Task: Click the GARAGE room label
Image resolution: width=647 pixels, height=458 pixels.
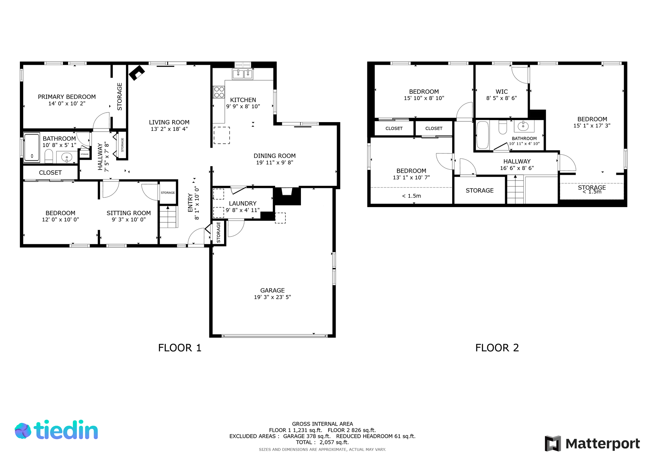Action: point(272,290)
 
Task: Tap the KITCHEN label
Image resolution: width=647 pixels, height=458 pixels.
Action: point(243,100)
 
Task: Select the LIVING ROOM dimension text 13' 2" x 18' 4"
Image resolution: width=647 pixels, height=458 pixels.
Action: point(169,129)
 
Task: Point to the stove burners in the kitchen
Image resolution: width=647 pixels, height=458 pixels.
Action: point(219,92)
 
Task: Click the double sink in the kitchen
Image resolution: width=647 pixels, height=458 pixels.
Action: point(243,74)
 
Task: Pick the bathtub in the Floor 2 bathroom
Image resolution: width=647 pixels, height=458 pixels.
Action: point(483,135)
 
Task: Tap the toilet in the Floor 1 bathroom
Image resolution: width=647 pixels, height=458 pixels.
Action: point(49,156)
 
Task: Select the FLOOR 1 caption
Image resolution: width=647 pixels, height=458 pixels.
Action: point(180,348)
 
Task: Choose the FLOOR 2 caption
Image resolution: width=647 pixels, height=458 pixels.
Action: point(497,348)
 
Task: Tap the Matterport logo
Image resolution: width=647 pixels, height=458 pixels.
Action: point(592,443)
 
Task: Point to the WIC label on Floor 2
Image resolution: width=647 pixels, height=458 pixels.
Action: point(501,92)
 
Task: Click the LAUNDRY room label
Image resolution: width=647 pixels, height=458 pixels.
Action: point(243,203)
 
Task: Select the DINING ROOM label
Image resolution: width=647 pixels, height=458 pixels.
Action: point(275,156)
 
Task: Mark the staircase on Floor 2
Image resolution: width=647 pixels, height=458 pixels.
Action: point(516,190)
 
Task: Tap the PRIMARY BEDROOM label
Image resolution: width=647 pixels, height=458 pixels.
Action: point(67,97)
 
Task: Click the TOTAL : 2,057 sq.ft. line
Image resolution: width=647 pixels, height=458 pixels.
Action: point(322,442)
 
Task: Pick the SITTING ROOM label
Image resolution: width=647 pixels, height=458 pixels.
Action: point(129,213)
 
